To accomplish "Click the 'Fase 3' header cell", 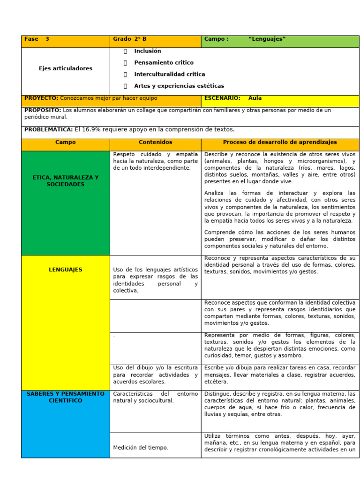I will [37, 39].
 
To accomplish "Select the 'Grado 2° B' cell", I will [129, 39].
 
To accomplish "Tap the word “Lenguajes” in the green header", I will [267, 39].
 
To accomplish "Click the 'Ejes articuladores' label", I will [65, 68].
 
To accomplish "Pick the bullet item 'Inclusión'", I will [147, 51].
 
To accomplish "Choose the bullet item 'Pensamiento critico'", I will [164, 63].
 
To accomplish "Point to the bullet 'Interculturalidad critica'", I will [169, 75].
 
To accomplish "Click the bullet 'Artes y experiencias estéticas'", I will [179, 86].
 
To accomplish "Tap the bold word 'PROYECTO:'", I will [41, 98].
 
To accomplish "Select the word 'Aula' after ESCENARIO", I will [255, 98].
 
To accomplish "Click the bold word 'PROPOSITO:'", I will [43, 111].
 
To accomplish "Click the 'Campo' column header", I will [65, 142].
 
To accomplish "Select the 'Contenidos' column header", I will [155, 142].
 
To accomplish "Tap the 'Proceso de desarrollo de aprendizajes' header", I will [280, 142].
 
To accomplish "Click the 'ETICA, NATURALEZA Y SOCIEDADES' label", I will [65, 181].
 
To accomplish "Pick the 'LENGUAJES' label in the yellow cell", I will [65, 270].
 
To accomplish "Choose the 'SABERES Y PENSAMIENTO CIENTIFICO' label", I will [65, 397].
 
